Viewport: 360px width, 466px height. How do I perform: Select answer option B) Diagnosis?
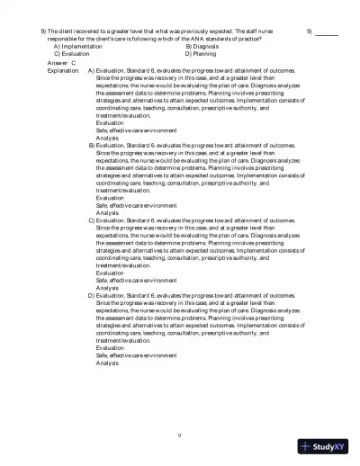(202, 46)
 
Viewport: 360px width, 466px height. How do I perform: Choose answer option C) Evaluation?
(75, 53)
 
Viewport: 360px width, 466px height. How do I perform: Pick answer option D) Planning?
(200, 53)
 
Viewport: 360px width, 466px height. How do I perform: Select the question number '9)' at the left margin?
(44, 31)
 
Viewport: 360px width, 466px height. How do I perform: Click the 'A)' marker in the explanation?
(91, 69)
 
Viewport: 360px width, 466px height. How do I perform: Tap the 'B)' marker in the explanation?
(91, 144)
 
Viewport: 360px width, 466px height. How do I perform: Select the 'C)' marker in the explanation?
(91, 219)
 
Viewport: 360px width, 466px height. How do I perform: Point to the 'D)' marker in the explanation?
(91, 294)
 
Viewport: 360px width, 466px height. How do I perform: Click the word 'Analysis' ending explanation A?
(107, 137)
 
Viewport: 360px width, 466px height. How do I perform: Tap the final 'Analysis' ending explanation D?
(107, 362)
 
